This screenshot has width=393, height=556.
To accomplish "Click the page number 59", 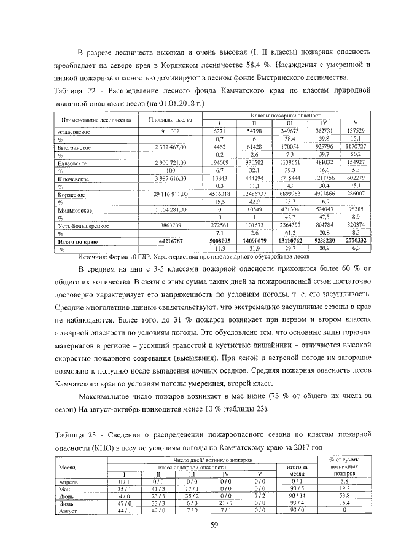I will pyautogui.click(x=196, y=524).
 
